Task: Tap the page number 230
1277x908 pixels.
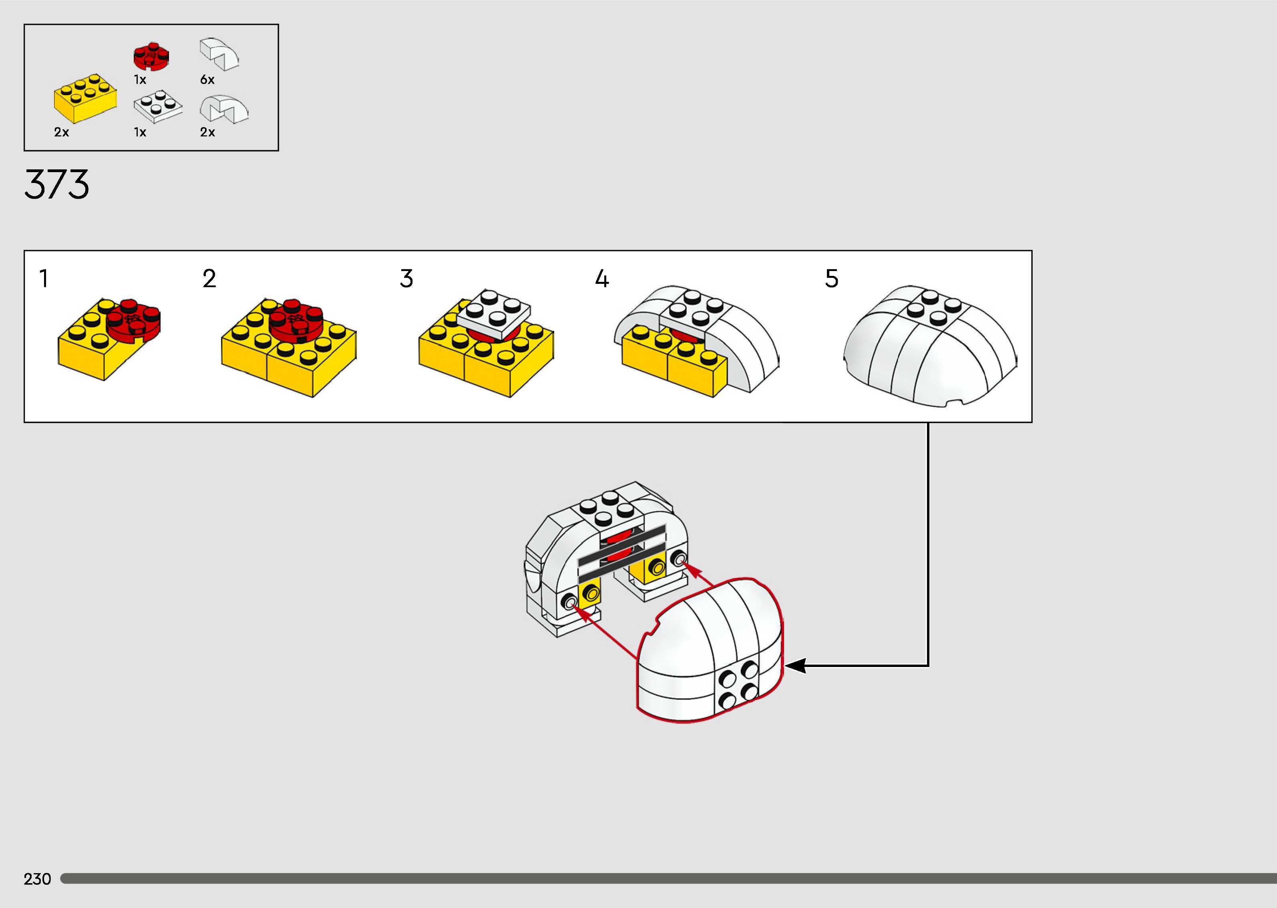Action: pyautogui.click(x=37, y=879)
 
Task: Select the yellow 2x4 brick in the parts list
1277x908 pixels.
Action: pyautogui.click(x=85, y=98)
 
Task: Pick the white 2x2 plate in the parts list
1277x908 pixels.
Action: pyautogui.click(x=158, y=106)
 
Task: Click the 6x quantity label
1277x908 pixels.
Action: pyautogui.click(x=207, y=80)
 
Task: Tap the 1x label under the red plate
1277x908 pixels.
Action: pyautogui.click(x=140, y=80)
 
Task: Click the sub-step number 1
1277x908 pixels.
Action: pyautogui.click(x=44, y=278)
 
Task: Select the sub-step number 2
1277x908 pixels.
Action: pyautogui.click(x=209, y=278)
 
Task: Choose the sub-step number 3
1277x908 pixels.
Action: pyautogui.click(x=406, y=278)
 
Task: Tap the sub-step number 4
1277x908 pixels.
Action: pyautogui.click(x=601, y=278)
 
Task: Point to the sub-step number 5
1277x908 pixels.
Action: pyautogui.click(x=831, y=278)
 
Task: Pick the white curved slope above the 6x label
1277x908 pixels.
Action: pyautogui.click(x=219, y=54)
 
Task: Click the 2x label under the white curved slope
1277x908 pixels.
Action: pyautogui.click(x=207, y=133)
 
